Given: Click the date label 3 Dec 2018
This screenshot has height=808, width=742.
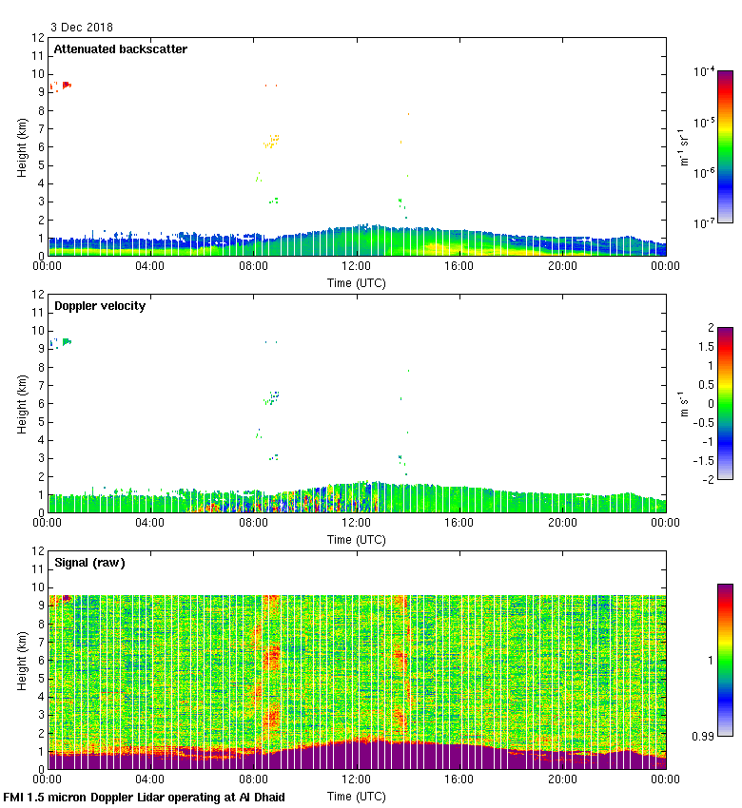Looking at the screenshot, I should point(81,28).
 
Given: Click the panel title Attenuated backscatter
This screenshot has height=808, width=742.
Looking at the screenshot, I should point(120,49).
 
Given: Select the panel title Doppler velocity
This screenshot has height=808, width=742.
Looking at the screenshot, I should point(100,306).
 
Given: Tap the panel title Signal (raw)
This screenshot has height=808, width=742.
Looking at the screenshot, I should point(89,563).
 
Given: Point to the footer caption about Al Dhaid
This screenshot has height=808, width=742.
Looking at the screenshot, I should point(144,797).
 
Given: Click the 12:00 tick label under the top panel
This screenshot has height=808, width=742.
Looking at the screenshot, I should point(356,267).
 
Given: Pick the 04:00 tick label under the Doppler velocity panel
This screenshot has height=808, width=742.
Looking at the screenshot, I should point(150,523).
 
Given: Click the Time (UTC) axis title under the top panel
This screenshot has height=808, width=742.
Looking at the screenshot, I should point(356,283).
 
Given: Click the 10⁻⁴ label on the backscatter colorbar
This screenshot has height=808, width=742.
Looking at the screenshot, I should point(704,72).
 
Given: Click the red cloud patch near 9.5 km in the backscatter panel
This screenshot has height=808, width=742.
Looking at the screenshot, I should point(67,85).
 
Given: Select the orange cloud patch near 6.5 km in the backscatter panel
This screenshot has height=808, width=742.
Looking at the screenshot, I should point(274,140).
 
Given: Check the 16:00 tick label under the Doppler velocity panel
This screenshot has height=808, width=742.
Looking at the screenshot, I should point(459,523).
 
